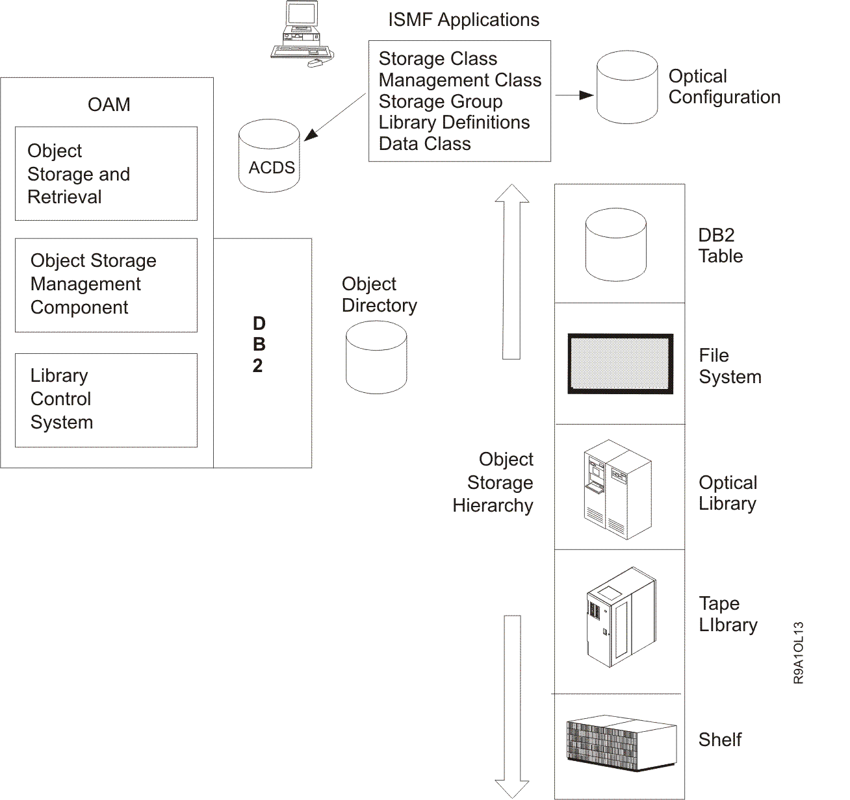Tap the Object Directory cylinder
click(376, 357)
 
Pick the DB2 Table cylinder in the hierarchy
click(615, 245)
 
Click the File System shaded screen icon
click(620, 364)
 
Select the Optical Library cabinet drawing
click(617, 490)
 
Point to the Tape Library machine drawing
click(621, 618)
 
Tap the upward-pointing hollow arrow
click(511, 273)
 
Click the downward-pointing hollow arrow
click(512, 705)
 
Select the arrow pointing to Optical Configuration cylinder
click(574, 95)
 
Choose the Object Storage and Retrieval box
click(106, 173)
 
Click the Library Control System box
click(106, 399)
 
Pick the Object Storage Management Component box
click(106, 284)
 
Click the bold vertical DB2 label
click(259, 345)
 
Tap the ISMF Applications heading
click(463, 20)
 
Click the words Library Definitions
click(454, 123)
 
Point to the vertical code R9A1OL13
click(799, 653)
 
